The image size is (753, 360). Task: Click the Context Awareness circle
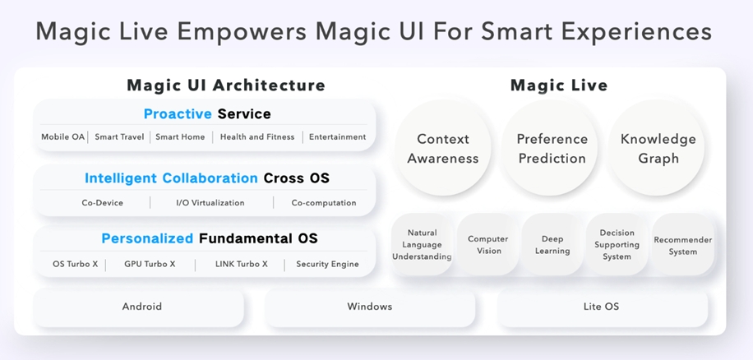[443, 149]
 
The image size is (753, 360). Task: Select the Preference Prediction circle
[552, 149]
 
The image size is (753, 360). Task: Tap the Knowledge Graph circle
[658, 149]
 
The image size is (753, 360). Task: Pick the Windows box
[370, 307]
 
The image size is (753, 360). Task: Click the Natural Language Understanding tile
[422, 245]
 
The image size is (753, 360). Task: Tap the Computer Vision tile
[488, 245]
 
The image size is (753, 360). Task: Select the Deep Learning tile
[552, 245]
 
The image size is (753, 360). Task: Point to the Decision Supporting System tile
[617, 245]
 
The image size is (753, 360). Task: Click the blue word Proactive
[178, 114]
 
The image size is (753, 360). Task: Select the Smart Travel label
[119, 137]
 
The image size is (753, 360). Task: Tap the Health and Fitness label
[256, 137]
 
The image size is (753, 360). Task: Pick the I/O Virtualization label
[210, 203]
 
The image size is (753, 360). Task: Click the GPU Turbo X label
[150, 265]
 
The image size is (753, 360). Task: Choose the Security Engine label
[327, 265]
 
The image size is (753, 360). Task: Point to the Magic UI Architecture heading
[225, 85]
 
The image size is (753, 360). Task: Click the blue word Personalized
[147, 239]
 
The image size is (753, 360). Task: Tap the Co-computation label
[324, 203]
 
